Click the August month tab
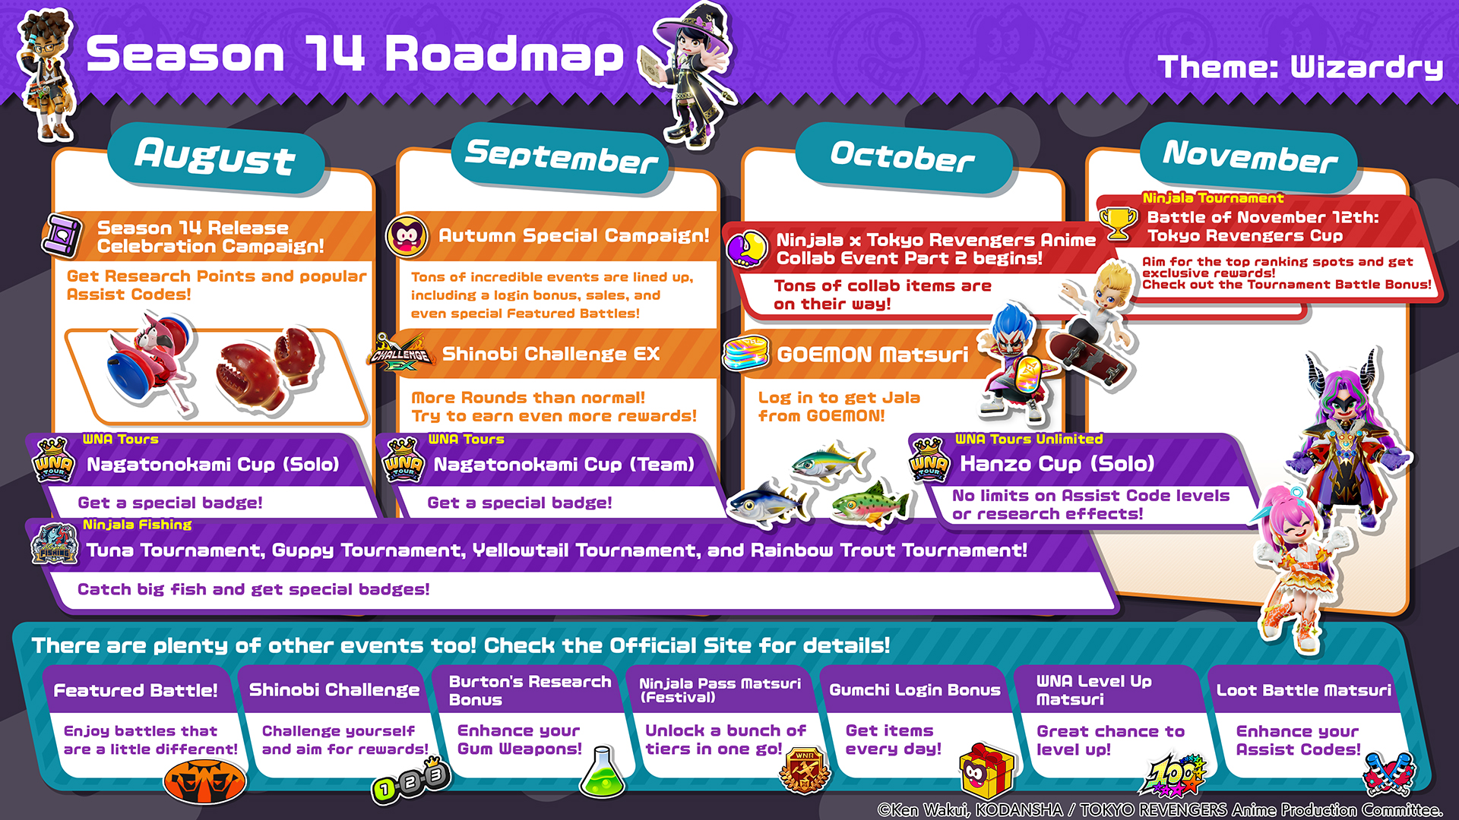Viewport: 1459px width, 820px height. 216,157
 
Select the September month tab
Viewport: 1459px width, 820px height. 561,157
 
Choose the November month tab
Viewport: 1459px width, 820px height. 1249,157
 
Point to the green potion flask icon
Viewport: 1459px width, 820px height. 602,773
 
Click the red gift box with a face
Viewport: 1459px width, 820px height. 986,771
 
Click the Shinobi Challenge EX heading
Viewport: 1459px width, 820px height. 551,354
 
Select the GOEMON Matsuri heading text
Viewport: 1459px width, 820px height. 872,355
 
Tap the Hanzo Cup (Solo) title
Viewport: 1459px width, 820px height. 1057,463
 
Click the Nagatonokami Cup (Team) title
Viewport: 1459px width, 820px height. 564,464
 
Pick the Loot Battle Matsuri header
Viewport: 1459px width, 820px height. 1304,690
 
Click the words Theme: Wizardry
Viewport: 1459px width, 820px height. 1300,67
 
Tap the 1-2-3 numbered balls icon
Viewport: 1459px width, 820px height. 411,782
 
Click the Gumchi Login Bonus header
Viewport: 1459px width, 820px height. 915,690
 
